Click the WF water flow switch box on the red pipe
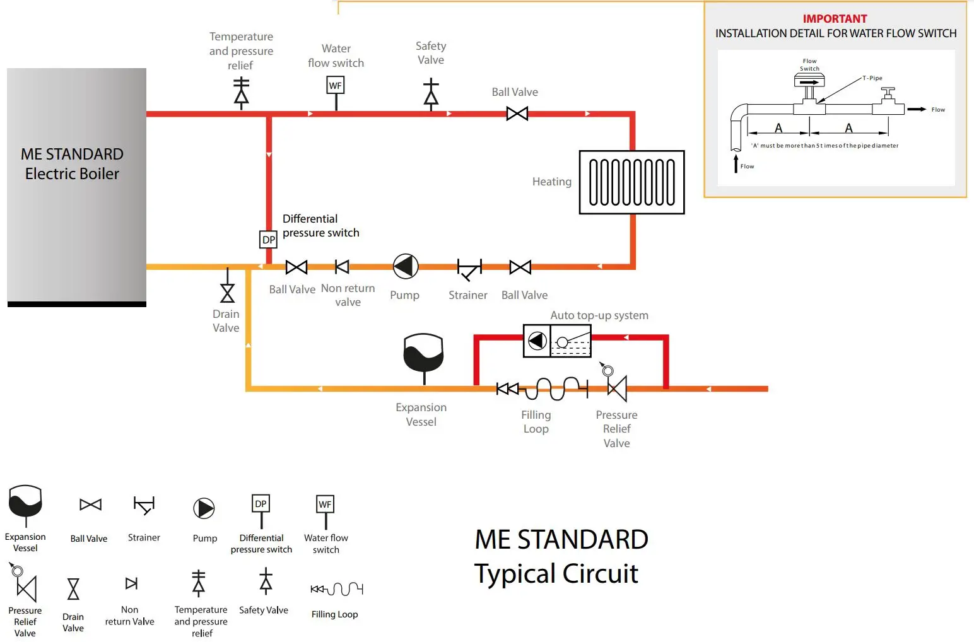point(336,85)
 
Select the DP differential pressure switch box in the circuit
point(269,240)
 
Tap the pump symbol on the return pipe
point(405,267)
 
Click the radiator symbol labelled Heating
point(631,182)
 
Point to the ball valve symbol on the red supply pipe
point(517,114)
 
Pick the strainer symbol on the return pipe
point(469,269)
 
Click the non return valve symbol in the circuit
point(342,267)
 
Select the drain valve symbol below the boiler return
point(227,293)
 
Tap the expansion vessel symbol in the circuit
point(423,354)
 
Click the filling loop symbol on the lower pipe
point(543,388)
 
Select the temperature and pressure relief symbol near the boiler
point(241,93)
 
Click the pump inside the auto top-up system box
point(537,341)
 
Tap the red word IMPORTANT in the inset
point(835,19)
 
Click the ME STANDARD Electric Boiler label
point(72,164)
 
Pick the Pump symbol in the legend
point(204,508)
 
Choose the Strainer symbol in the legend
point(144,505)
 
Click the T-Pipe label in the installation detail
point(872,78)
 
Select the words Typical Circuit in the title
point(556,574)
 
